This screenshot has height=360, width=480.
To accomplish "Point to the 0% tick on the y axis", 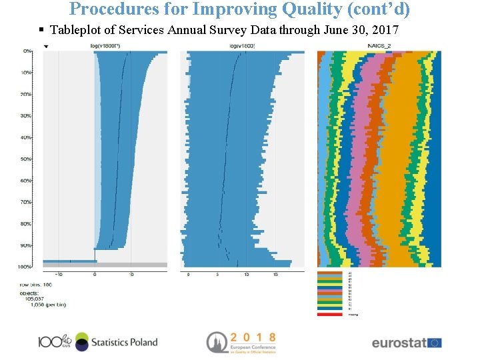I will click(x=27, y=51).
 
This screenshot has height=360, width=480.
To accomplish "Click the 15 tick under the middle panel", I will click(x=276, y=274).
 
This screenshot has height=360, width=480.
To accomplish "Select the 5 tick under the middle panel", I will click(x=218, y=274).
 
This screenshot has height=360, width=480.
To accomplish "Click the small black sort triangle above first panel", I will click(x=46, y=47).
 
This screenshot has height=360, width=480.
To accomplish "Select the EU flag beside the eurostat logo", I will click(x=434, y=343).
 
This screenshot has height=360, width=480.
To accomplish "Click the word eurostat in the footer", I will click(x=398, y=343).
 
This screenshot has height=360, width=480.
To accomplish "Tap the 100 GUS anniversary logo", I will click(x=54, y=342).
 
